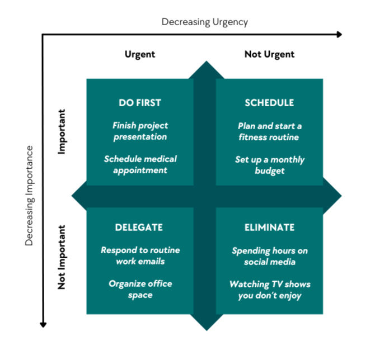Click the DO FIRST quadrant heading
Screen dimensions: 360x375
point(140,103)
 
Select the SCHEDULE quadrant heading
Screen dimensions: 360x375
point(269,103)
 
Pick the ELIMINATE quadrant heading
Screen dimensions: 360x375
point(269,228)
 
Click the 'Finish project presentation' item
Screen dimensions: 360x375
point(140,131)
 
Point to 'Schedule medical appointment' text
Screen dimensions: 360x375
point(140,164)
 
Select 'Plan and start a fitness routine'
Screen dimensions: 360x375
point(269,131)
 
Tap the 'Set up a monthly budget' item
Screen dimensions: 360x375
point(269,165)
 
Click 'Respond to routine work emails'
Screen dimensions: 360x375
point(140,255)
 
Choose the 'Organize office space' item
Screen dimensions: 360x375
point(140,289)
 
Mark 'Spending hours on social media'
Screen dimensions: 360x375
point(269,256)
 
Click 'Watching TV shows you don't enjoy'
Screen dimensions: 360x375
point(269,290)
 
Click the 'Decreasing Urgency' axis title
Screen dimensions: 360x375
point(204,22)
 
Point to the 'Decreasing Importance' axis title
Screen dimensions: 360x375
point(29,196)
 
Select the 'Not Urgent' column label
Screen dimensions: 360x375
point(269,54)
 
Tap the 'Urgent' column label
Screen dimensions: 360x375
point(140,54)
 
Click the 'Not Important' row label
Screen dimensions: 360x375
point(62,257)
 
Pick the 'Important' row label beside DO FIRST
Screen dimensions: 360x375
point(62,131)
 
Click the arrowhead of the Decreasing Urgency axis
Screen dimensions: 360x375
point(339,34)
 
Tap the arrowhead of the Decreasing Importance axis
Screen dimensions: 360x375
point(43,324)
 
